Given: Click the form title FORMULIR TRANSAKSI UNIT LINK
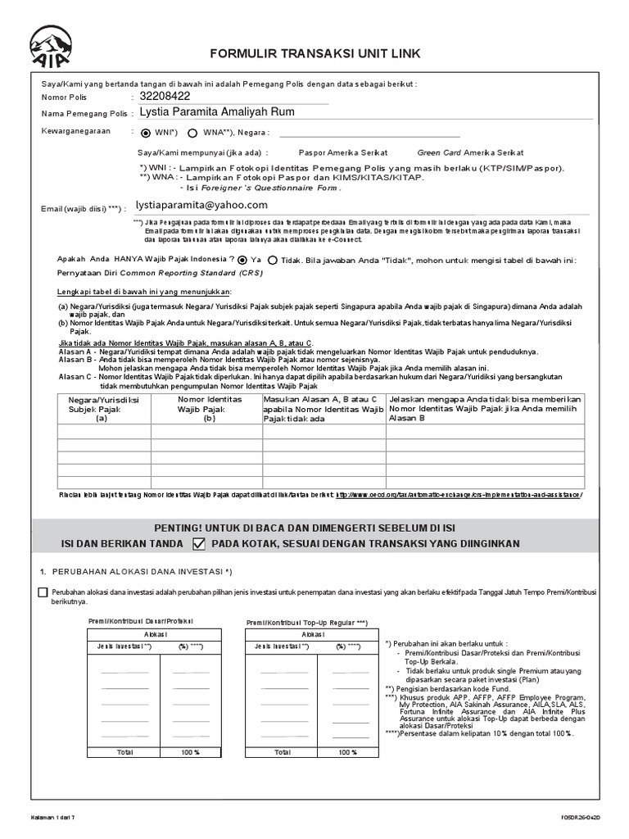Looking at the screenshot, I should coord(316,54).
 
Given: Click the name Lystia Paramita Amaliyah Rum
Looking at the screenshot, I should coord(217,112).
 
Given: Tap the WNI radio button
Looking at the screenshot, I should coord(146,133).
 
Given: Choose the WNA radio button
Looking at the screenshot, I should coord(192,133).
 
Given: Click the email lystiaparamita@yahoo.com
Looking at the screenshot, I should coord(201,205).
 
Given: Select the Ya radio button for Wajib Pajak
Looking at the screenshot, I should coord(243,260).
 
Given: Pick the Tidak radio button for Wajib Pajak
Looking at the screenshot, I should coord(272,260).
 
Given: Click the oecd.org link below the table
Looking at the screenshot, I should coord(459,495).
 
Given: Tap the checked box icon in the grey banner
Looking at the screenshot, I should coord(198,544).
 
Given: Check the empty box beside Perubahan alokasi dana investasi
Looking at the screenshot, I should coord(43,593).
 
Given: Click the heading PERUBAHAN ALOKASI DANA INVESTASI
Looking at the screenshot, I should coord(143,570).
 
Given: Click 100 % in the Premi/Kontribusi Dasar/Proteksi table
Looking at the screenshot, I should coord(190,751).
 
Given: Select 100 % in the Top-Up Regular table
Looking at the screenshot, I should coord(348,751).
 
